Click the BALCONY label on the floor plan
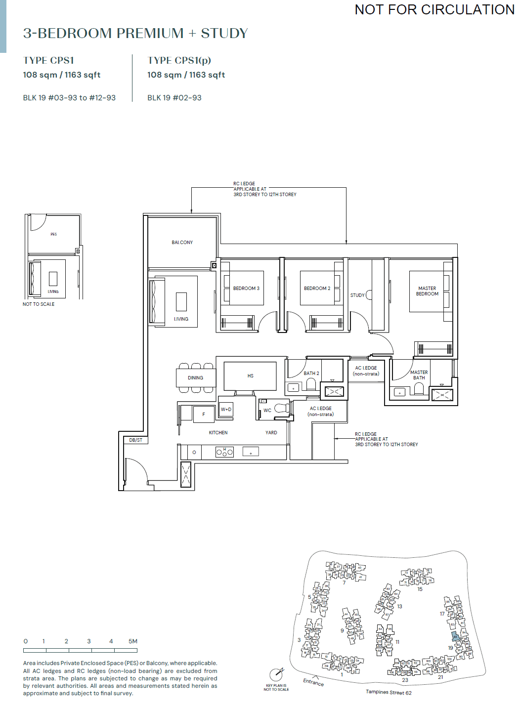click(x=182, y=243)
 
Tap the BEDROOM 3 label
click(x=246, y=289)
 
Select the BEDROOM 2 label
click(x=317, y=289)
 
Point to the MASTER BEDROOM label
click(x=427, y=291)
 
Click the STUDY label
click(x=357, y=295)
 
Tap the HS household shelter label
click(x=250, y=376)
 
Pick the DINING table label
click(x=195, y=378)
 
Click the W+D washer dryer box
click(x=226, y=410)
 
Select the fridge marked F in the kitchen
click(x=204, y=415)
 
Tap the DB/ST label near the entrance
click(x=135, y=440)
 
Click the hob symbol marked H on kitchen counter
click(x=224, y=452)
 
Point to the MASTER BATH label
click(x=419, y=375)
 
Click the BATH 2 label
click(x=311, y=374)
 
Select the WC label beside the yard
click(x=267, y=411)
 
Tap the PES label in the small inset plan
click(x=53, y=234)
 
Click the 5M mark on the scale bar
click(x=132, y=641)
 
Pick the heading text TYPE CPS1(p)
click(x=179, y=60)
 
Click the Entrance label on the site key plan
click(x=313, y=682)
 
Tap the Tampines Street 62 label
click(x=389, y=692)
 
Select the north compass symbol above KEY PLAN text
click(x=276, y=674)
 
